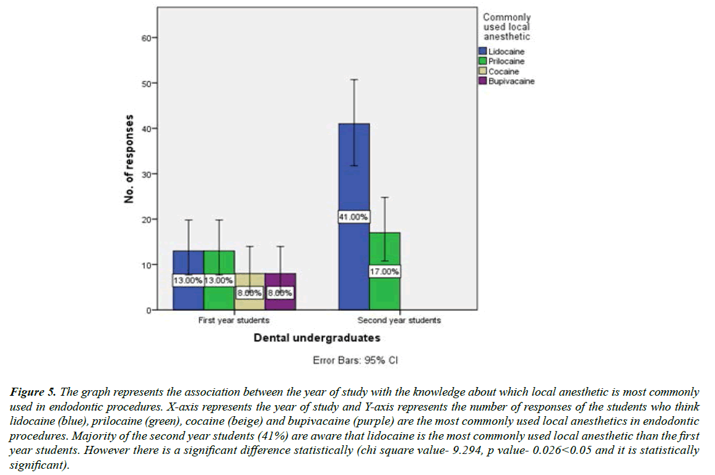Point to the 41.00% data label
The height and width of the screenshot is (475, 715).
[353, 217]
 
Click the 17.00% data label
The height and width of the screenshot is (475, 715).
[384, 272]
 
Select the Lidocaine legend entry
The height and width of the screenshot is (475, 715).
[506, 52]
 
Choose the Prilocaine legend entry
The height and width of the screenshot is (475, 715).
[506, 61]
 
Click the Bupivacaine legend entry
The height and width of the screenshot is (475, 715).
[511, 81]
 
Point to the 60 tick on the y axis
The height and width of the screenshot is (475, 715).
[147, 38]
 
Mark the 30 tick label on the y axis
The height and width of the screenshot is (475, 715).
[147, 174]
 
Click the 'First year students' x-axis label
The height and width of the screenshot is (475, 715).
[233, 321]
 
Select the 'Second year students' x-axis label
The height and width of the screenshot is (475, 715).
[399, 321]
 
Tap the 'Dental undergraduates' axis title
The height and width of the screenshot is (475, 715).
[316, 338]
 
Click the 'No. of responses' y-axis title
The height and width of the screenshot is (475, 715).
[129, 159]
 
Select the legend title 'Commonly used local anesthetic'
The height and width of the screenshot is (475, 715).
[506, 27]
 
